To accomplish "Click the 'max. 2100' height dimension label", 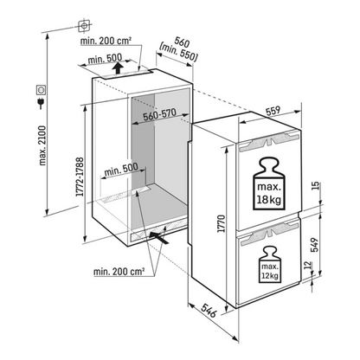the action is tap(42, 145).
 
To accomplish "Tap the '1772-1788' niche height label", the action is tap(80, 177).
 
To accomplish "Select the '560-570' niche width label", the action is tap(159, 115).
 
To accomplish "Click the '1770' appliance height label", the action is tap(222, 223).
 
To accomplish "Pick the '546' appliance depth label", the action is tap(209, 310).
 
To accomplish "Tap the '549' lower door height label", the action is tap(316, 245).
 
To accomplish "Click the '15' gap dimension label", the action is tap(316, 185).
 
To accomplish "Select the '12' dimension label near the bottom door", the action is tap(308, 265).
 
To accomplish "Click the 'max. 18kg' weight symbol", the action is tap(268, 183).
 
